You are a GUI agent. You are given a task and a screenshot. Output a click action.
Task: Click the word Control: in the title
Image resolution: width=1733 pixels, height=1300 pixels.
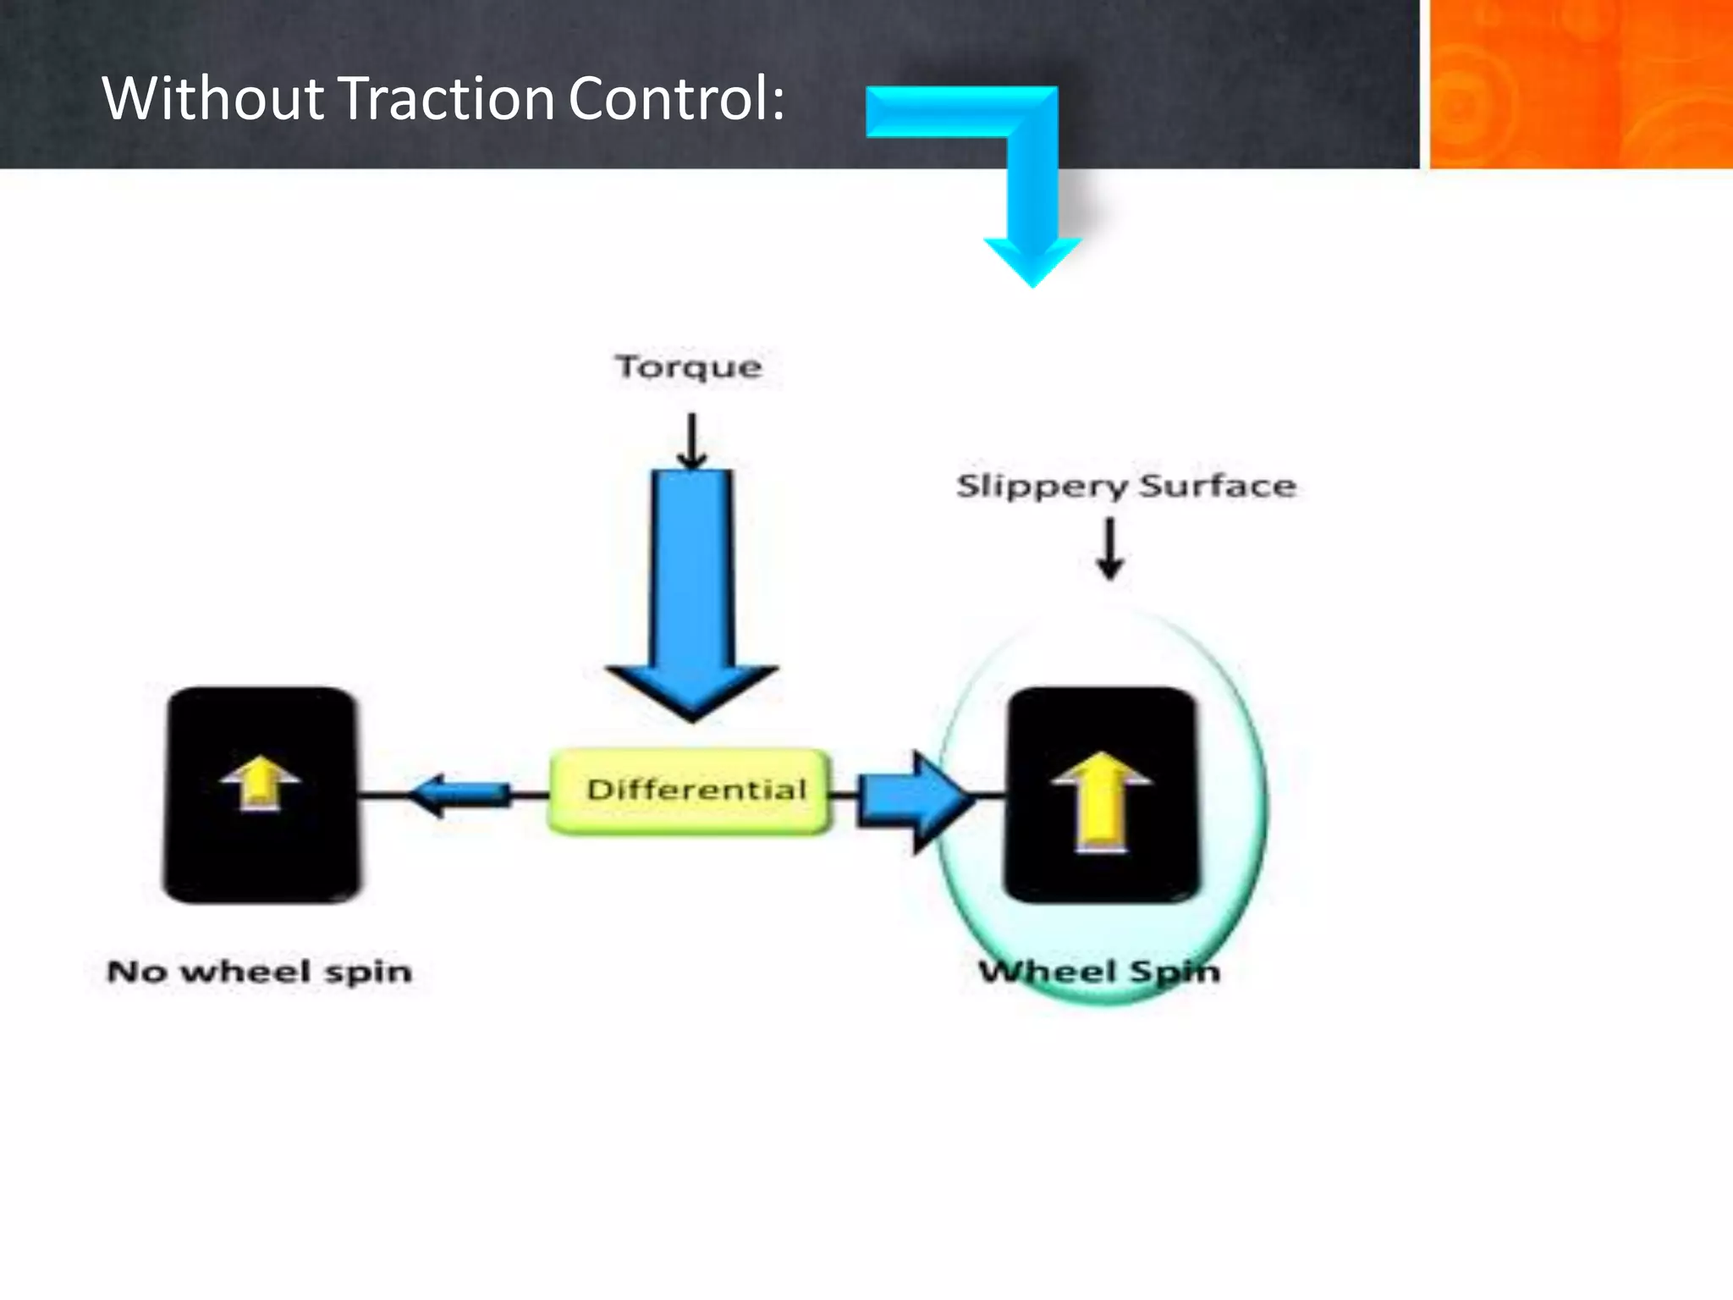(x=676, y=98)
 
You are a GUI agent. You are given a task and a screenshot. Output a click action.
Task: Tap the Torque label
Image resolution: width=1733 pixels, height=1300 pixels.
(x=688, y=367)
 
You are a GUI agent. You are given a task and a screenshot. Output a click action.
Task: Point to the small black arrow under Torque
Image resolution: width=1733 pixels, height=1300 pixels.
(x=692, y=441)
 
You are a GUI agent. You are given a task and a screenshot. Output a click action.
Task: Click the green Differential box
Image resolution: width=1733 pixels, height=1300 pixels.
(x=690, y=790)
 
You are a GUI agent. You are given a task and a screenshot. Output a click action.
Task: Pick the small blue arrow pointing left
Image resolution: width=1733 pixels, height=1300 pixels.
(x=461, y=794)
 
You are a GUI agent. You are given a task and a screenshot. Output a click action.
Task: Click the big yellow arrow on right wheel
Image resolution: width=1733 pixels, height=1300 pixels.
(x=1101, y=801)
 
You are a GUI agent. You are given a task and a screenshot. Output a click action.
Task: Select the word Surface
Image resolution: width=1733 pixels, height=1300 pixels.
(x=1217, y=486)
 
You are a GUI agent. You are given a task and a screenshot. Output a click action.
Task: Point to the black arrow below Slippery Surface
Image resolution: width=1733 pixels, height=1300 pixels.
(x=1109, y=549)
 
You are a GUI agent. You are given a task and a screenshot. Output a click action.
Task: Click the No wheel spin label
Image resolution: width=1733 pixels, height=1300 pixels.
(x=260, y=972)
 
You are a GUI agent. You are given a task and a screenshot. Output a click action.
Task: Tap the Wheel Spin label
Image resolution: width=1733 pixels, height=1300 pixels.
(x=1099, y=972)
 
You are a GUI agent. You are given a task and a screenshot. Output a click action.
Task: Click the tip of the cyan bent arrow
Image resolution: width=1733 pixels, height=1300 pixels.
(x=1032, y=279)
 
